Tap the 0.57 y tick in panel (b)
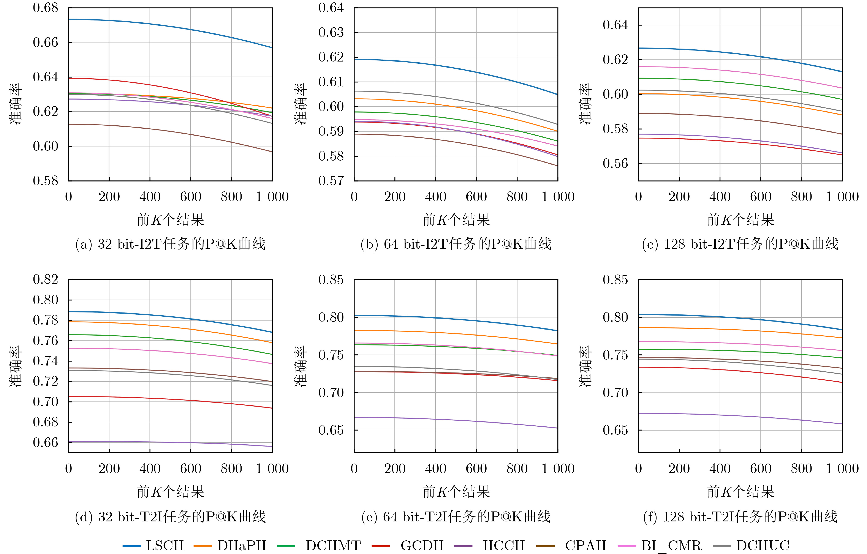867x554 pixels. pos(331,181)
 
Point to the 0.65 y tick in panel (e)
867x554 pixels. pos(331,430)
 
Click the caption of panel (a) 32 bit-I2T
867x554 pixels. pos(170,244)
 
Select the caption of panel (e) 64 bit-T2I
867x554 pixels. pos(456,517)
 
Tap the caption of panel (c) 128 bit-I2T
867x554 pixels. pos(740,244)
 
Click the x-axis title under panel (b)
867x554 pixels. pos(456,219)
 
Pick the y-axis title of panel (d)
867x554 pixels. pos(16,366)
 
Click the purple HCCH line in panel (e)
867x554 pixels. pos(456,420)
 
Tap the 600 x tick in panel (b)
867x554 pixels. pos(476,197)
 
